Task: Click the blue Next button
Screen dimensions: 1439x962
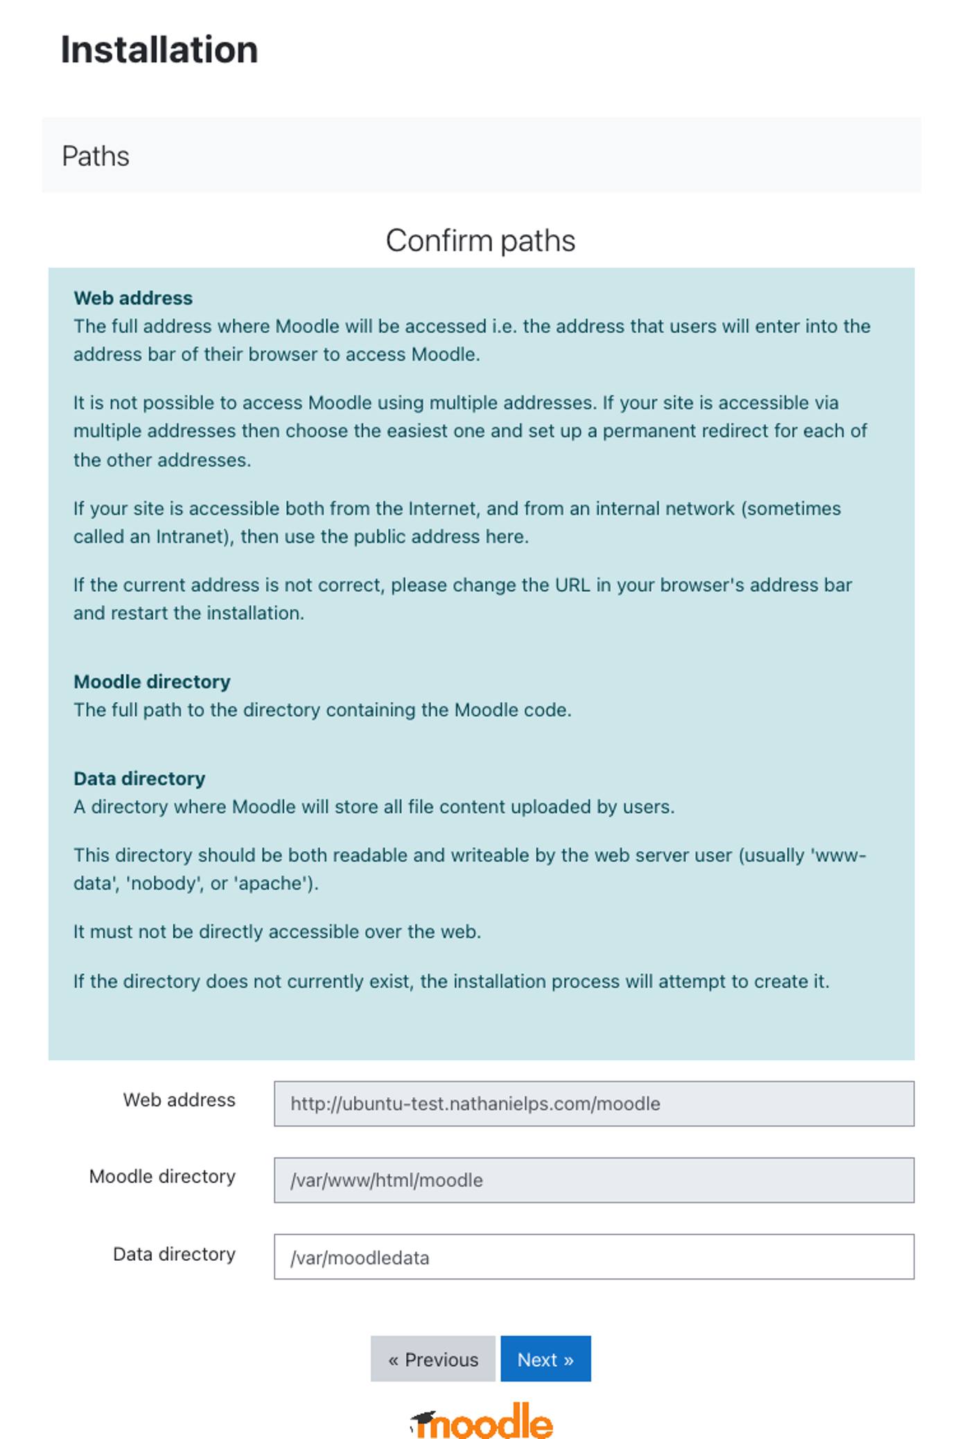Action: click(545, 1359)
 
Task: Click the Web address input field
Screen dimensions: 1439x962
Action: click(593, 1104)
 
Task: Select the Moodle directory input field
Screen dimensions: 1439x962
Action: click(593, 1180)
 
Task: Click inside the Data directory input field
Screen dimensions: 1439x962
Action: click(593, 1257)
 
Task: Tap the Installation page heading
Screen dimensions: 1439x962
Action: click(159, 50)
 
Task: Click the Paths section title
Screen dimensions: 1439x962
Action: click(96, 156)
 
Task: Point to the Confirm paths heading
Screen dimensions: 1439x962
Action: click(480, 241)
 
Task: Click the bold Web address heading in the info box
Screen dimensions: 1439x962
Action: click(133, 298)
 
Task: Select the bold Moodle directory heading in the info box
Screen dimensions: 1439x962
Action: click(152, 681)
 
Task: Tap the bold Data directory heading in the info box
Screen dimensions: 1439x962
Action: click(139, 778)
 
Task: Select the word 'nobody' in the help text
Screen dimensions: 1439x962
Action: click(164, 884)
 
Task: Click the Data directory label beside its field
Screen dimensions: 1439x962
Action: click(174, 1254)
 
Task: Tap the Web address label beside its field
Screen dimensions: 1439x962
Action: click(179, 1100)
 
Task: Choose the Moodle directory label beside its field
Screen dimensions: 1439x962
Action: click(162, 1176)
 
